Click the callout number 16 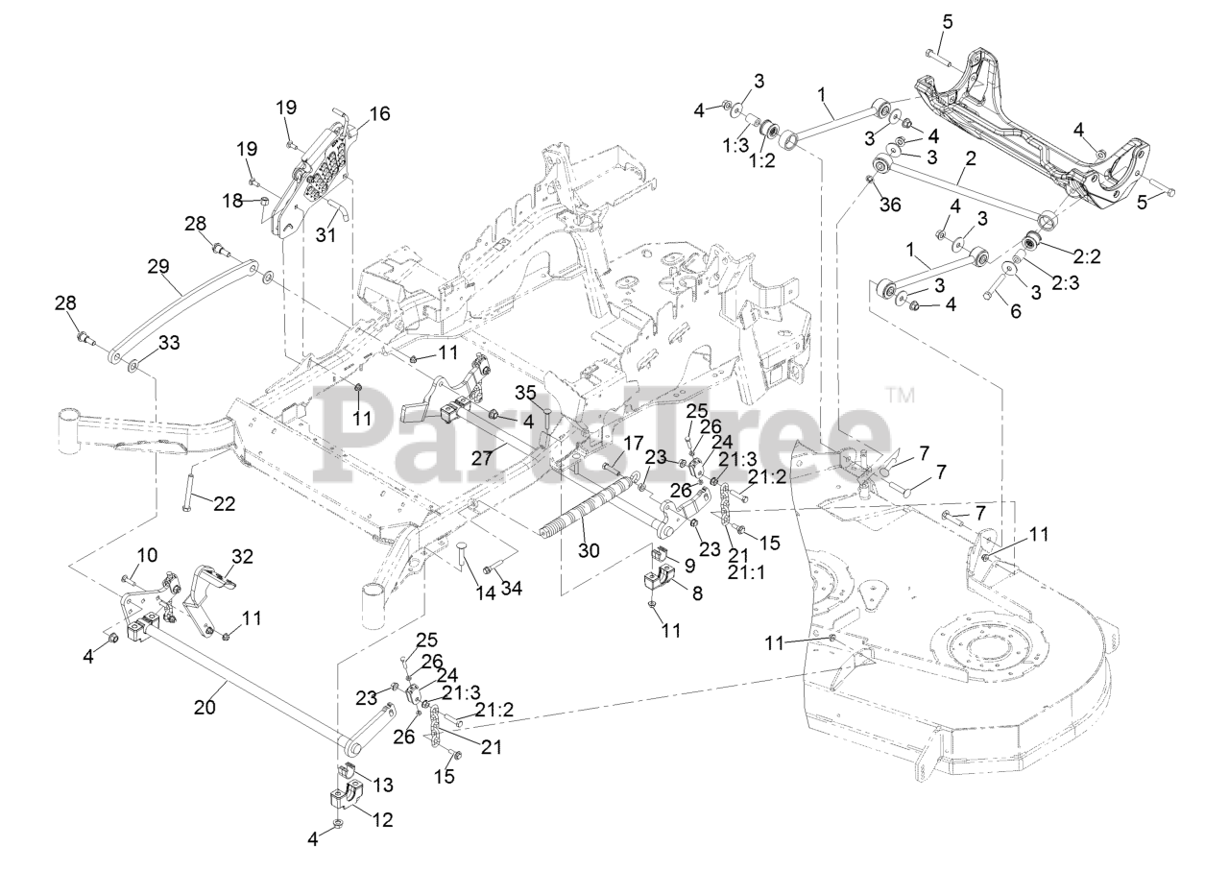pos(379,113)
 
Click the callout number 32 pos(243,557)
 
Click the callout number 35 pos(524,393)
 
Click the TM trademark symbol pos(900,393)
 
